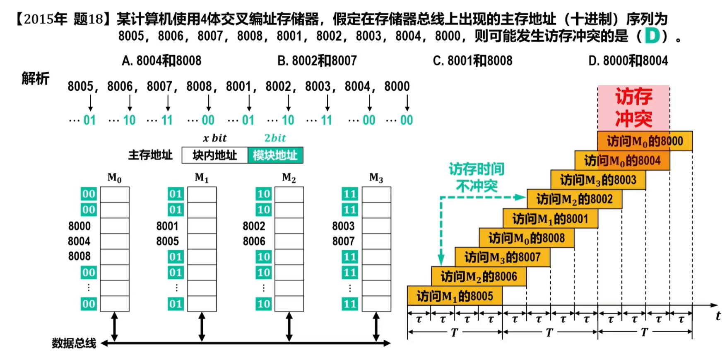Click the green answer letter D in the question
652,36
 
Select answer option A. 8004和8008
161,61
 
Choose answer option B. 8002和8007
317,61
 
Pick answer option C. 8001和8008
472,61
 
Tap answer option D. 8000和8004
628,61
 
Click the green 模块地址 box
275,155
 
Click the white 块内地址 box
214,155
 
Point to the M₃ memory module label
376,178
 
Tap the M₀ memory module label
114,178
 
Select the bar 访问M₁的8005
455,296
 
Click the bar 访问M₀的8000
645,141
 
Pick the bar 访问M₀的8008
526,238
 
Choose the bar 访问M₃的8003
598,180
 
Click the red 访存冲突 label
633,108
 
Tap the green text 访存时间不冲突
477,177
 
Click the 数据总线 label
74,343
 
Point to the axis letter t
718,316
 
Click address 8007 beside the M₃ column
343,241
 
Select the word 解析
36,78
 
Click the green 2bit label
275,138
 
